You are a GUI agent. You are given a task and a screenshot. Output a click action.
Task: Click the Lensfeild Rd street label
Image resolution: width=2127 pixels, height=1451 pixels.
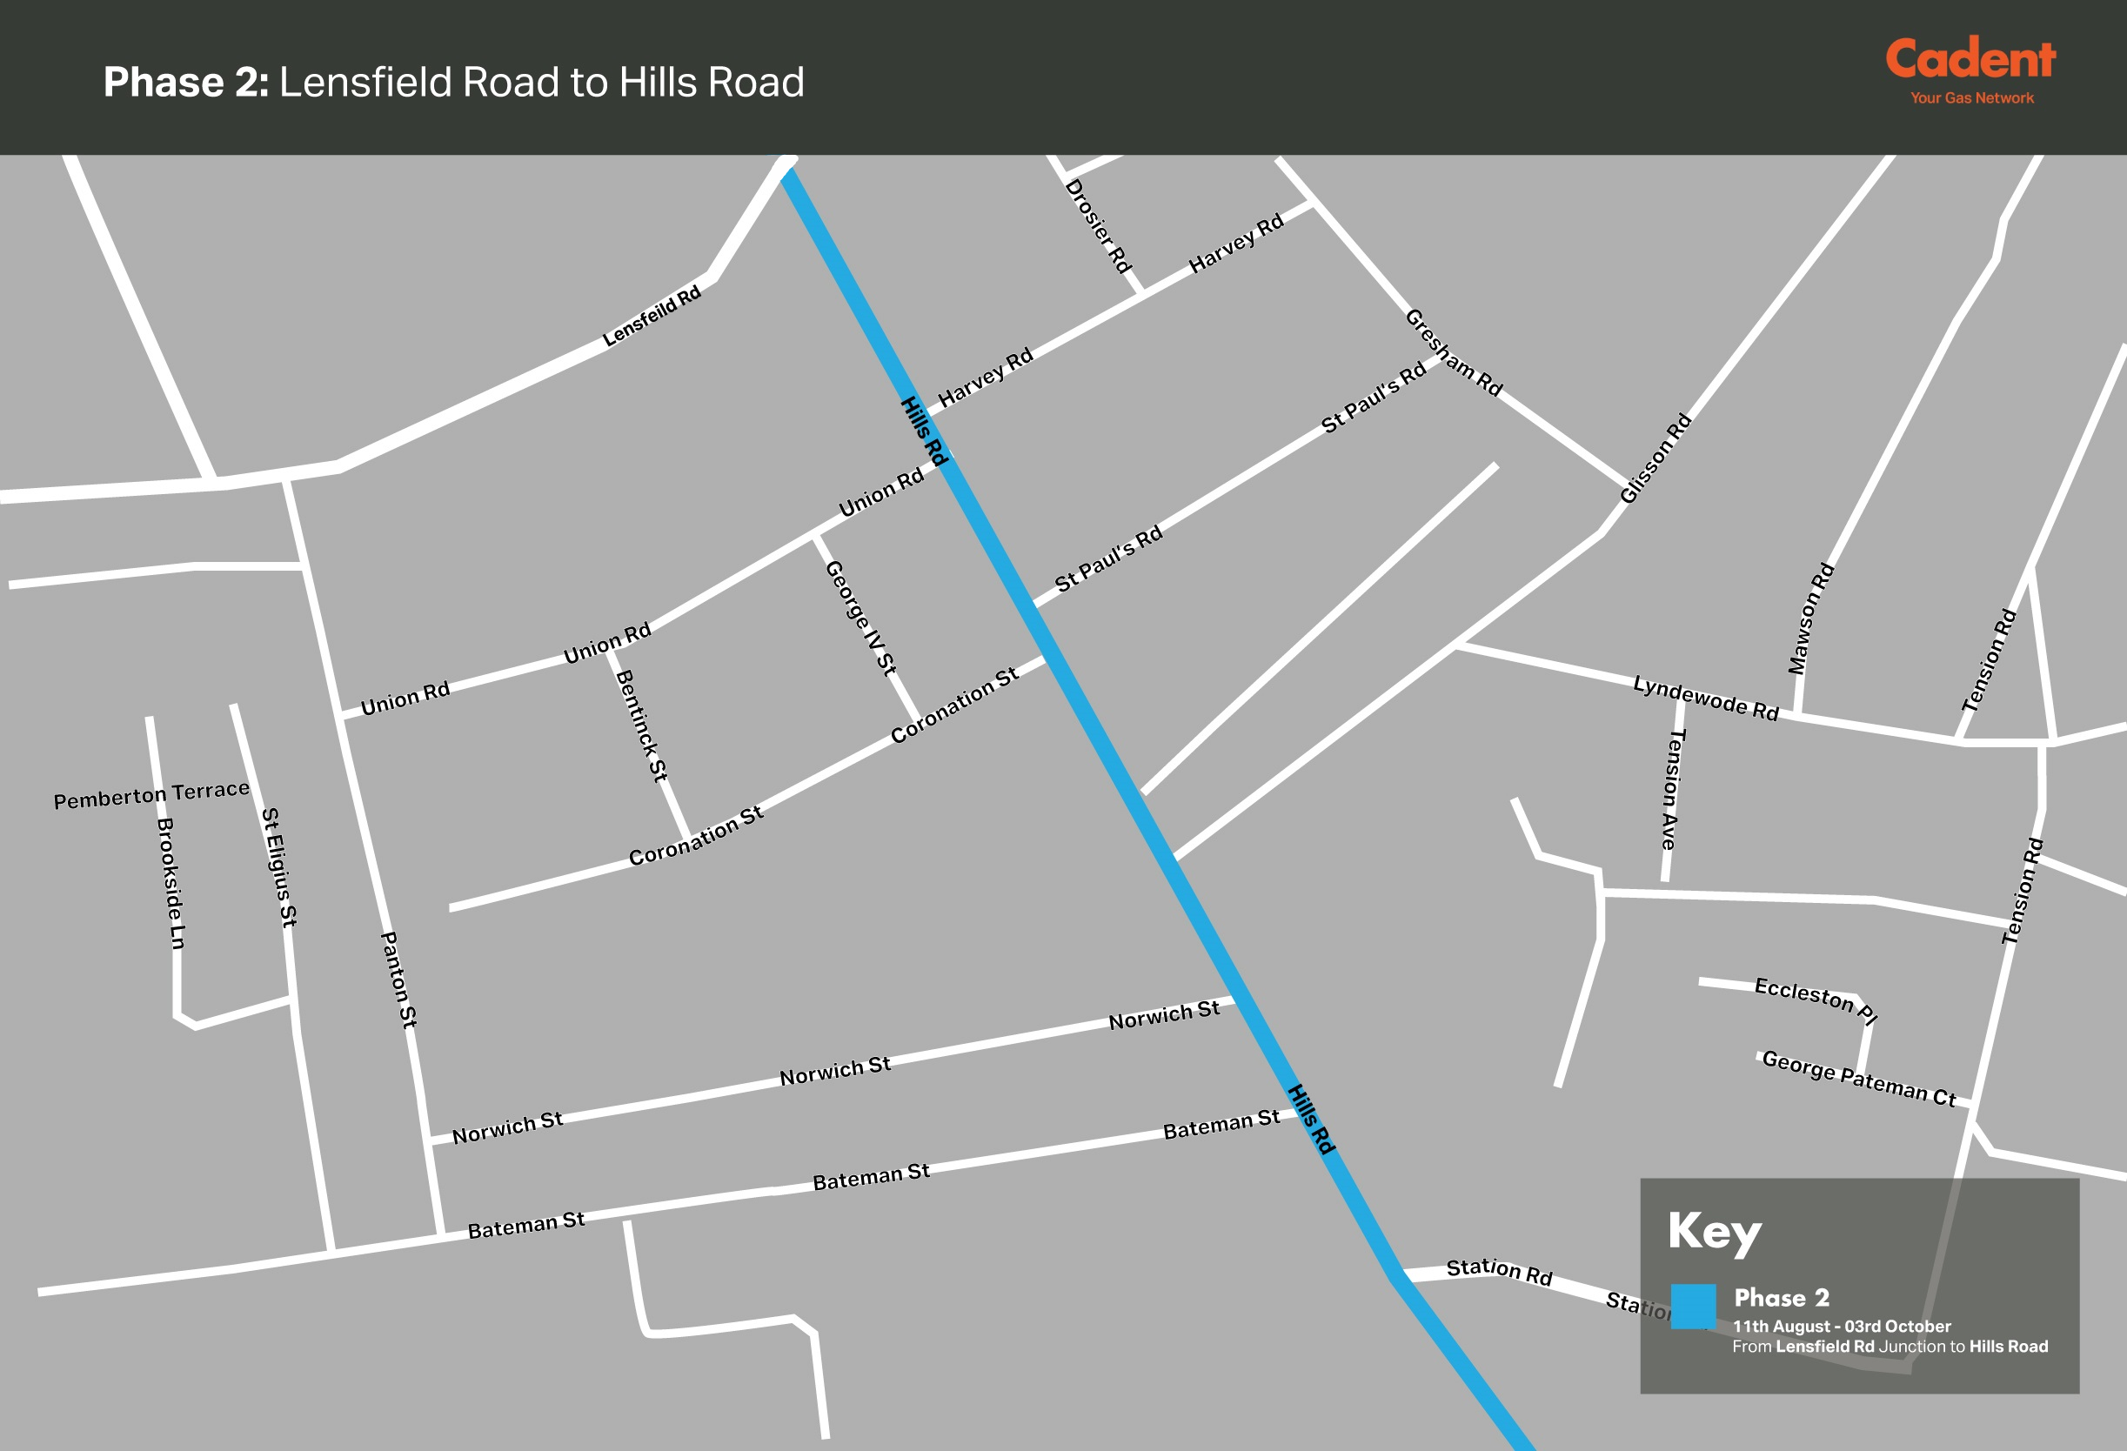(652, 316)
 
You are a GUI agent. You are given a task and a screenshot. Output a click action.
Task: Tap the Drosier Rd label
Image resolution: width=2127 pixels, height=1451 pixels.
(1098, 226)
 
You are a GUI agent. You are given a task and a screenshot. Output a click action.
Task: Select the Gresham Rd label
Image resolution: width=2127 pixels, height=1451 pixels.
(1454, 352)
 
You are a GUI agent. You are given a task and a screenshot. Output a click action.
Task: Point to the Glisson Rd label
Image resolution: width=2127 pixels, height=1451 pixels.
(1655, 458)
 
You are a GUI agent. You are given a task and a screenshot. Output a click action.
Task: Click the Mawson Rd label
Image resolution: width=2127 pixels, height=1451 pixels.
(1811, 619)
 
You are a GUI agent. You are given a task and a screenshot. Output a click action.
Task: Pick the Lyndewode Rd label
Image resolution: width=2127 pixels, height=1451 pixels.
(1705, 699)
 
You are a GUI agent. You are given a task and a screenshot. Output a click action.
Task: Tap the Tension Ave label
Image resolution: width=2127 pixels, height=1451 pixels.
(1672, 789)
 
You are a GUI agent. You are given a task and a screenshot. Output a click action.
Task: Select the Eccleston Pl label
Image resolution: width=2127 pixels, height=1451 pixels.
(1816, 1000)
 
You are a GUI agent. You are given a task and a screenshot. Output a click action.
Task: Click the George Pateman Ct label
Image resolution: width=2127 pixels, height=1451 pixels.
(1859, 1079)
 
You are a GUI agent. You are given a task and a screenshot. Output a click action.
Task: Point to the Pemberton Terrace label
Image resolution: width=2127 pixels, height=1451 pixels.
(152, 794)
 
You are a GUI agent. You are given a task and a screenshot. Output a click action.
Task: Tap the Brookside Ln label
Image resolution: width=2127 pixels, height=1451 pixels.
(171, 884)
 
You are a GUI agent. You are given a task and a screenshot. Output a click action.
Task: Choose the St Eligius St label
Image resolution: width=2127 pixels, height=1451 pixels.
(279, 867)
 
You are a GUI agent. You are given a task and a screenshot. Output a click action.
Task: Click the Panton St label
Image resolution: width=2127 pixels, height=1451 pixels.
(398, 980)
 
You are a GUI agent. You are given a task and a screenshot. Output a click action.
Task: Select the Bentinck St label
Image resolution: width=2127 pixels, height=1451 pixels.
(640, 726)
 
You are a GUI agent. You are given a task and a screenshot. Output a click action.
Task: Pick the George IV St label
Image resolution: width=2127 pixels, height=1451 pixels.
(860, 618)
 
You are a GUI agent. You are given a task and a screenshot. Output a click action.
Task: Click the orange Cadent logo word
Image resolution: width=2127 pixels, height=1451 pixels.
(1970, 59)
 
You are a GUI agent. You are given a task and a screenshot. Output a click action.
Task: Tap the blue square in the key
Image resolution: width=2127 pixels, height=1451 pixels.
(1693, 1307)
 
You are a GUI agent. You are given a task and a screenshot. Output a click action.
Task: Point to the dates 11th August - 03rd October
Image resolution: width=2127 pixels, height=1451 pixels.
(1842, 1327)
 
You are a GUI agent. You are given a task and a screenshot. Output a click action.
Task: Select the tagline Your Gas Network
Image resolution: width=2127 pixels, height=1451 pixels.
(1971, 98)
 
